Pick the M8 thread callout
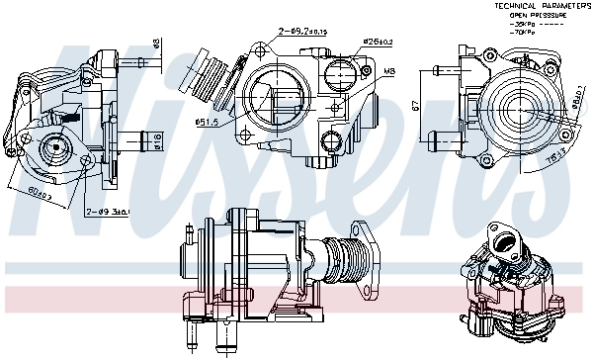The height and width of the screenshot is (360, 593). pos(390,71)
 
